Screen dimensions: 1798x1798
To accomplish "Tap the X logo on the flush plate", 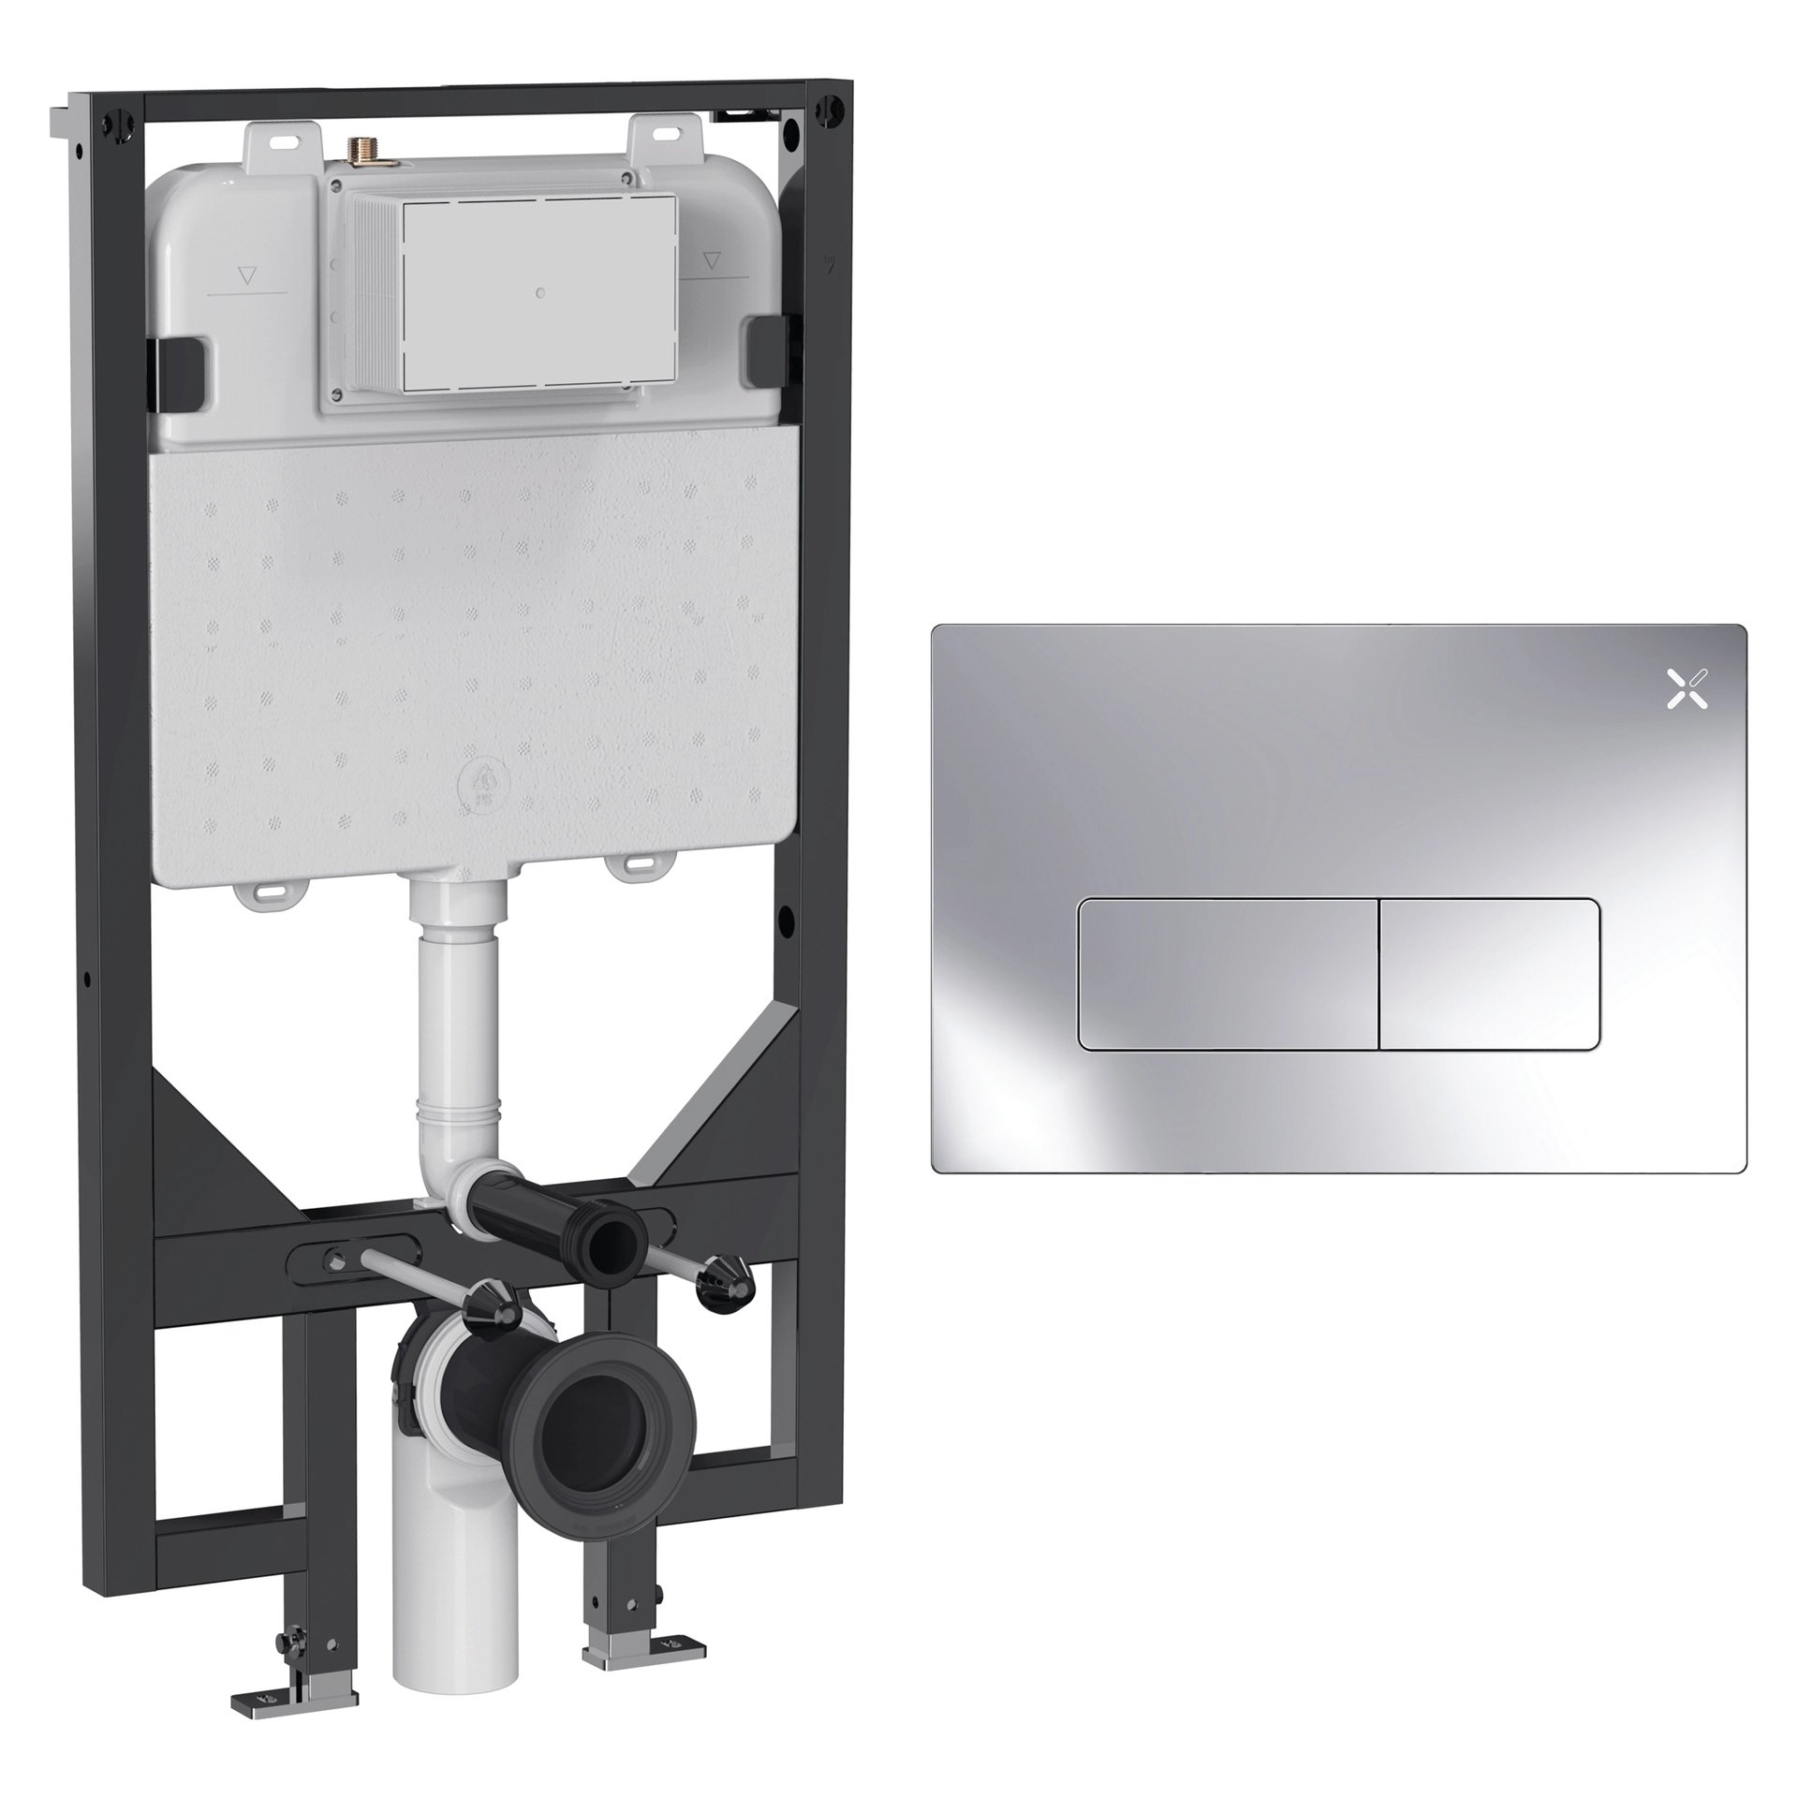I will pyautogui.click(x=1687, y=689).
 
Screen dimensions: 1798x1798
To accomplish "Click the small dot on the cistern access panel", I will pyautogui.click(x=540, y=293).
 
